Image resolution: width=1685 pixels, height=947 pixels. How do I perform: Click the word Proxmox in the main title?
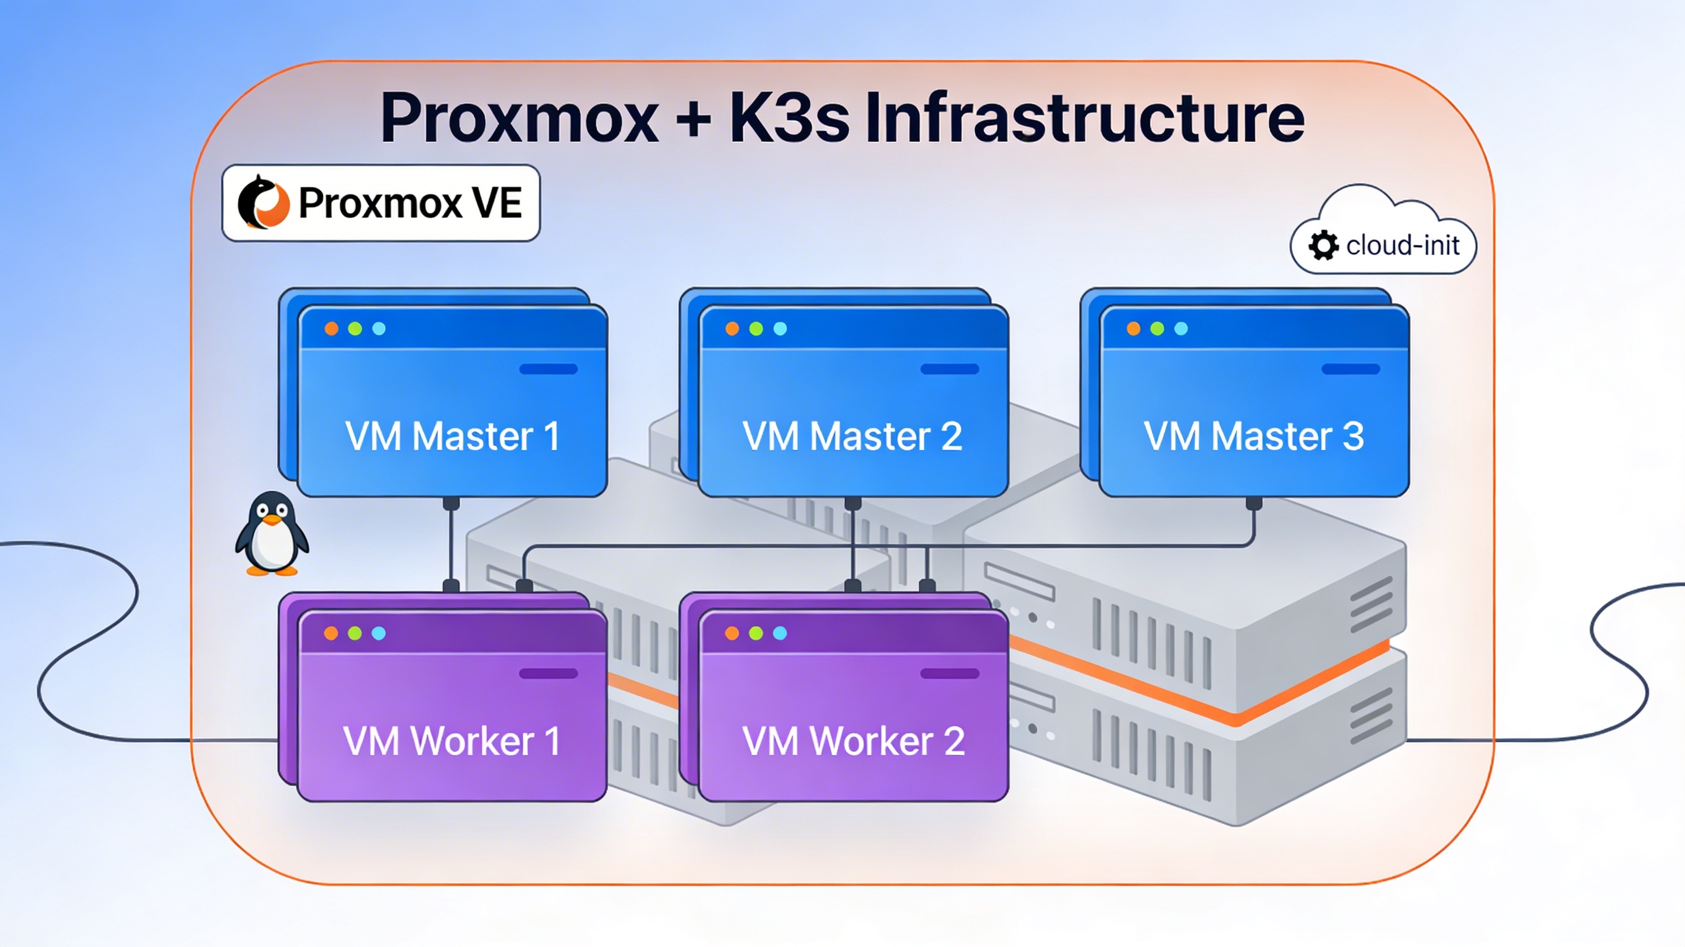(519, 118)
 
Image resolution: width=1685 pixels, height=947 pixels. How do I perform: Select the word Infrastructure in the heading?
(1084, 118)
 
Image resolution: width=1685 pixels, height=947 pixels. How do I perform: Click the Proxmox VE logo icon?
(263, 203)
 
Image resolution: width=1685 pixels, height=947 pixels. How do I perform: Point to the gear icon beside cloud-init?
(1324, 246)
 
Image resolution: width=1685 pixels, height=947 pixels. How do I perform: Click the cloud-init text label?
(1402, 246)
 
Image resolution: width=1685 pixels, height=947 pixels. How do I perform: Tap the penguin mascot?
(272, 534)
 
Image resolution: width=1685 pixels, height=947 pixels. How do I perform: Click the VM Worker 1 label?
(452, 741)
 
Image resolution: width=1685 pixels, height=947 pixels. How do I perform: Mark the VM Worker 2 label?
(853, 741)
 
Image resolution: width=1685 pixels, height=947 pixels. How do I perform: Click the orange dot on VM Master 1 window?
(332, 328)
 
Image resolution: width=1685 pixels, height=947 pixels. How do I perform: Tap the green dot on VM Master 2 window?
(756, 328)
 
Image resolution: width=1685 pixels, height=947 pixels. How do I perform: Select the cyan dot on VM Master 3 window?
(1181, 328)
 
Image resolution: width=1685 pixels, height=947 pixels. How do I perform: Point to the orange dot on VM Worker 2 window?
(732, 633)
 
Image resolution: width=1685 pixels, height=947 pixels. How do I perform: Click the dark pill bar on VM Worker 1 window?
(548, 674)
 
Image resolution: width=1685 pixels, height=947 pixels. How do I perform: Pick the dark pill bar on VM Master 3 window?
(1351, 369)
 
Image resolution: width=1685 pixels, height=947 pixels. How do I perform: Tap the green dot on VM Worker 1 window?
(355, 633)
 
